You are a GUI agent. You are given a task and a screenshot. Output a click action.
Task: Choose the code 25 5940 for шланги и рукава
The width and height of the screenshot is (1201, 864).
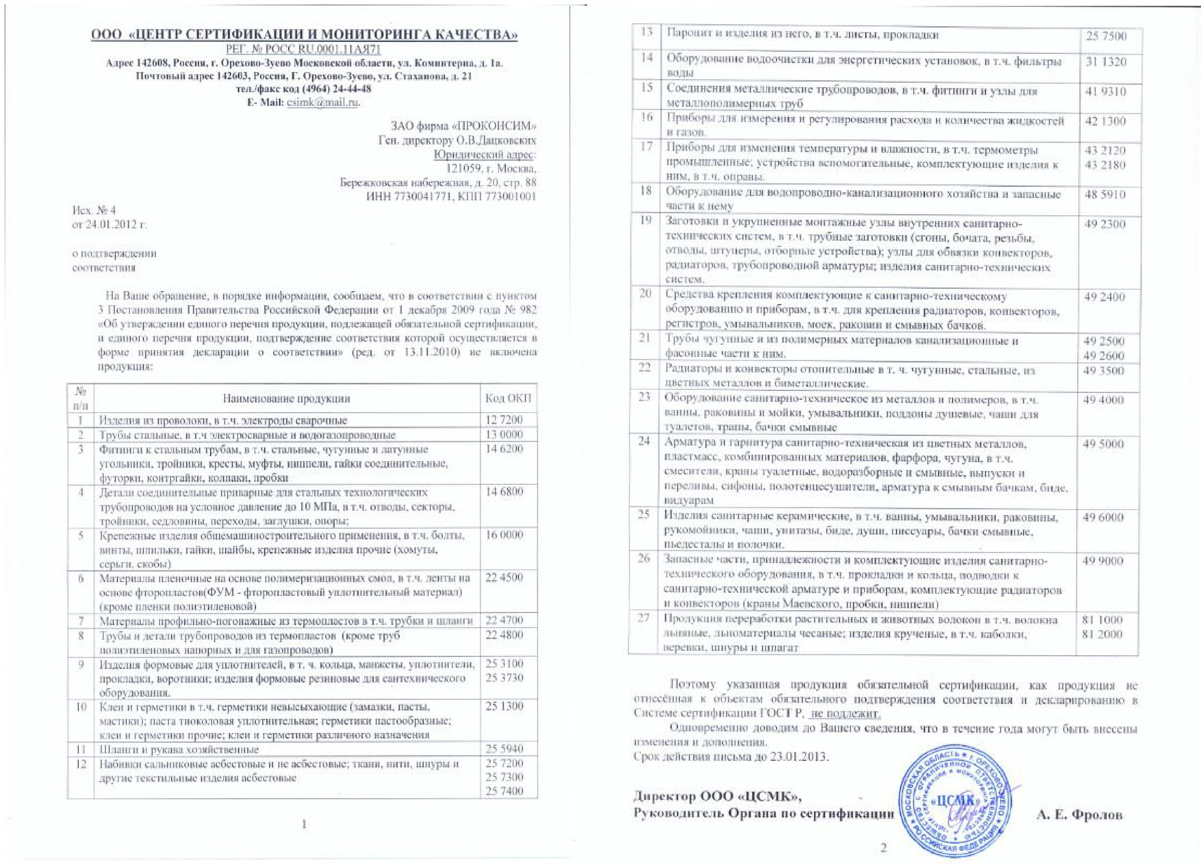click(x=504, y=749)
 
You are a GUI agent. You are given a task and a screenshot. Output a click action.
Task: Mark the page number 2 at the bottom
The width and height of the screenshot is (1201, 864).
click(x=883, y=848)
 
